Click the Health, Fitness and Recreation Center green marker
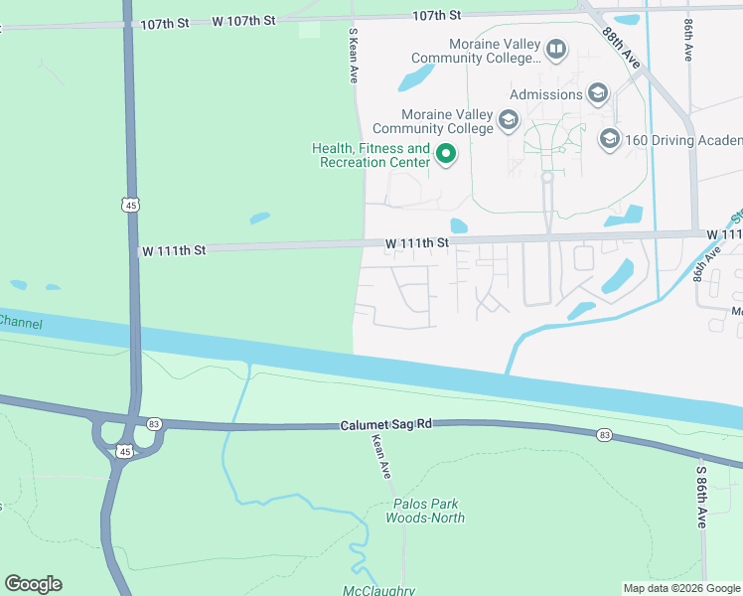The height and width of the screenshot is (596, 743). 446,154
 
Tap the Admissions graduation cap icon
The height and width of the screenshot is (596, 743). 597,94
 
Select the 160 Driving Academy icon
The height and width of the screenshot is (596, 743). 609,139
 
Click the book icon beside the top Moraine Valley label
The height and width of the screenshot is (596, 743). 557,49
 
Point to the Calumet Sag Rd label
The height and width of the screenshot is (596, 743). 386,424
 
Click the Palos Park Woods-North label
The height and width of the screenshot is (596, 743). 426,511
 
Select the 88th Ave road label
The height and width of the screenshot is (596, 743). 623,46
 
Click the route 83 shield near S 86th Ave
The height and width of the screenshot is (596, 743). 604,434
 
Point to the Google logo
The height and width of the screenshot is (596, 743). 33,584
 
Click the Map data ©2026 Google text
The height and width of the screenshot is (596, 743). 680,588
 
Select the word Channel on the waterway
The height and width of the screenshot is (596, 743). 20,321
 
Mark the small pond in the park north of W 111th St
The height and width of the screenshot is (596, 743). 259,218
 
